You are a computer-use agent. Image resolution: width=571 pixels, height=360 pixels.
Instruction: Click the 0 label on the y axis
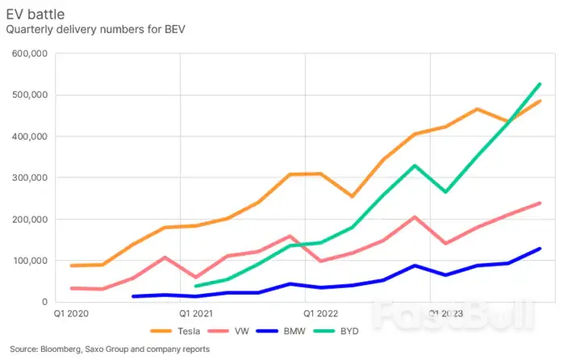[46, 302]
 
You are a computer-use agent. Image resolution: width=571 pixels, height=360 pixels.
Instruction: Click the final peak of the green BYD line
[540, 84]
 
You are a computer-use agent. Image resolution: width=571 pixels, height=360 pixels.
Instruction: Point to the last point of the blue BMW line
[540, 249]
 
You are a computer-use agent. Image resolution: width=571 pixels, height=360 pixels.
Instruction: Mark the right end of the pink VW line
[540, 203]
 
